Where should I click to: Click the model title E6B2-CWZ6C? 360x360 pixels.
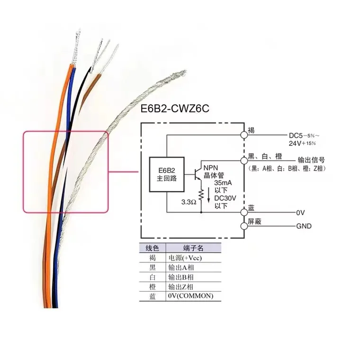click(x=175, y=108)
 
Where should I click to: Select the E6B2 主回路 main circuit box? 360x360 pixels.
click(x=166, y=174)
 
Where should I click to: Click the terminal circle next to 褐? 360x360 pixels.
click(x=244, y=134)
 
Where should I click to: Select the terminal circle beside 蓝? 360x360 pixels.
click(x=244, y=212)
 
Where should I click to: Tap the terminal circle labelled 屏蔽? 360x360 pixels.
click(x=244, y=226)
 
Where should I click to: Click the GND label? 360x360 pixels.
click(x=304, y=226)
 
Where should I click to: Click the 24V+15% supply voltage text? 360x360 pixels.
click(x=302, y=143)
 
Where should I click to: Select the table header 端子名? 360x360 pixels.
click(x=193, y=248)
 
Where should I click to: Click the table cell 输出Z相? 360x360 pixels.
click(x=181, y=287)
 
